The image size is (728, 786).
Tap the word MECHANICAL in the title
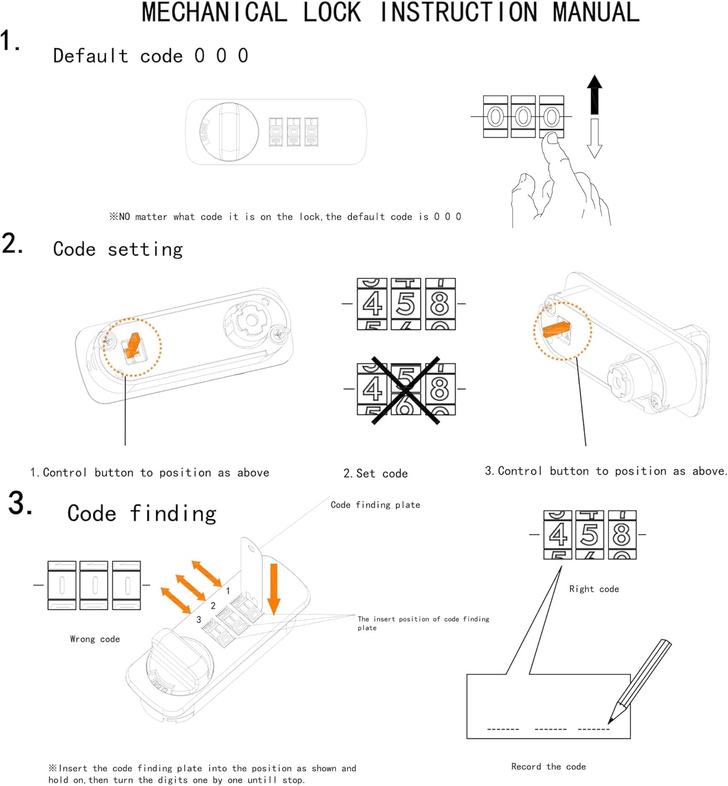[214, 13]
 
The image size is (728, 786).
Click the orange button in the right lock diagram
[557, 330]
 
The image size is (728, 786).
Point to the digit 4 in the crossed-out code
[372, 389]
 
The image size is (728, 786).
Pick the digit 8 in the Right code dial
[622, 535]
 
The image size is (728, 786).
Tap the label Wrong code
[95, 639]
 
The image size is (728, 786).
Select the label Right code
[594, 589]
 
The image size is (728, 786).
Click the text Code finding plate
[375, 505]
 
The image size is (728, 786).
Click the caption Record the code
[548, 767]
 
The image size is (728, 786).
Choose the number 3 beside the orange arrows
[199, 620]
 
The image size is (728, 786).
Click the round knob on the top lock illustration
[230, 132]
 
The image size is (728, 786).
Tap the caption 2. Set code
[375, 474]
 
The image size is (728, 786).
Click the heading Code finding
[142, 514]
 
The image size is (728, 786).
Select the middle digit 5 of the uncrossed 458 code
[406, 304]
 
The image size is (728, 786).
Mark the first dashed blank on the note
[503, 729]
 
